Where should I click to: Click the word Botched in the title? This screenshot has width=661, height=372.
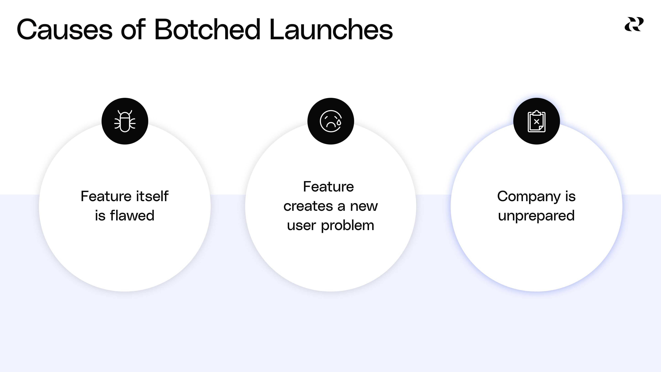[207, 29]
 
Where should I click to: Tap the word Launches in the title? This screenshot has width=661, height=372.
[331, 29]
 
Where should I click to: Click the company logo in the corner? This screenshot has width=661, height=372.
[634, 24]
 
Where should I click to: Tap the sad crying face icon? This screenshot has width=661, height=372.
[330, 121]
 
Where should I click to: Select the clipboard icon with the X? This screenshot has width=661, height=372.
[536, 121]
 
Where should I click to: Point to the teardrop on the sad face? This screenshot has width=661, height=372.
[339, 122]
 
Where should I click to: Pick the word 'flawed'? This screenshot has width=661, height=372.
[132, 216]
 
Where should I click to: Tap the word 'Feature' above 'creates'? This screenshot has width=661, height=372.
[328, 187]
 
